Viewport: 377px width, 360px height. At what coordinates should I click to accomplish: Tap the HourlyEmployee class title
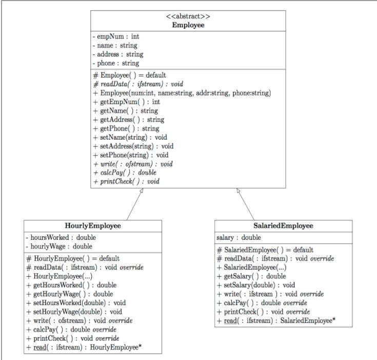tap(92, 226)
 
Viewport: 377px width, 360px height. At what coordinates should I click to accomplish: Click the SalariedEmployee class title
tap(283, 226)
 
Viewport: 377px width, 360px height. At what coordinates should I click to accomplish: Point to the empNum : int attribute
tap(116, 36)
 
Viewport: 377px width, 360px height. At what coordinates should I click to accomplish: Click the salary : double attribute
tap(239, 238)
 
